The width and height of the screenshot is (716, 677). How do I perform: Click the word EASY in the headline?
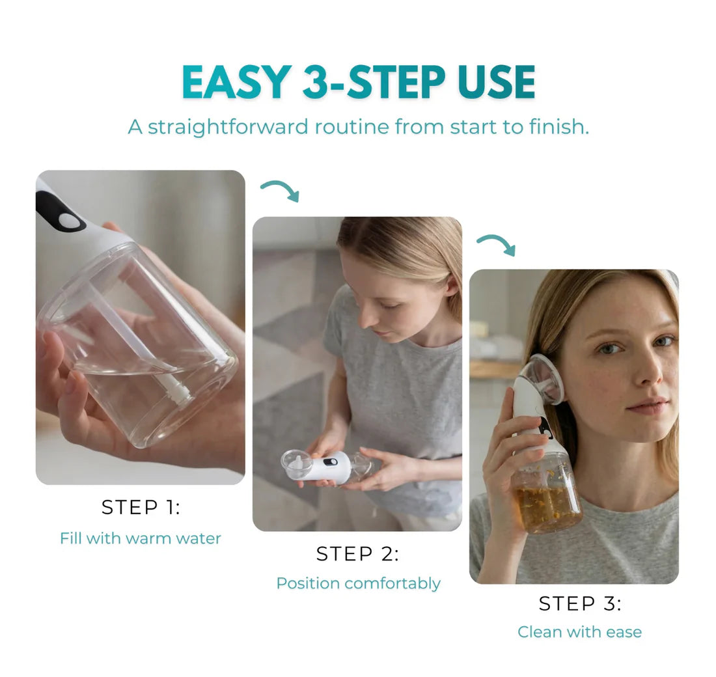236,82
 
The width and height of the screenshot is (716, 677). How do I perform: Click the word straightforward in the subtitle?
228,127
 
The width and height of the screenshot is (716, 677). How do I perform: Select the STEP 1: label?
141,507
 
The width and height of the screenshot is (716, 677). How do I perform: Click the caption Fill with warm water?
141,538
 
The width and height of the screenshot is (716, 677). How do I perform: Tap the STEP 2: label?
357,554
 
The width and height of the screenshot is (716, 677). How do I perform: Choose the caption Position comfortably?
359,584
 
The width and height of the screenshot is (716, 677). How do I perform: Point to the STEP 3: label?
580,603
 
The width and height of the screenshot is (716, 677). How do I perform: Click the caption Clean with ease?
579,632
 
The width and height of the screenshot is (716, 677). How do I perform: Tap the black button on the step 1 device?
59,212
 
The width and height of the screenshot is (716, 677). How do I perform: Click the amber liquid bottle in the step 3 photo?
547,493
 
